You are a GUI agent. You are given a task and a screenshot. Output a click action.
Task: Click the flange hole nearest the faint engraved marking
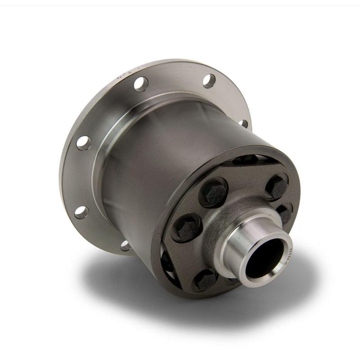(140, 84)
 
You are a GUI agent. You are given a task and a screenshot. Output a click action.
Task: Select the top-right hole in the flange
(209, 81)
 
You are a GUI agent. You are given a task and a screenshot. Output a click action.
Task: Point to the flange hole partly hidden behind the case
(243, 122)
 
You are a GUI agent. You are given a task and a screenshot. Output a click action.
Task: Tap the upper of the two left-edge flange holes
(84, 143)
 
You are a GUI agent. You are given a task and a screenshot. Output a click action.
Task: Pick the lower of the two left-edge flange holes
(81, 211)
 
